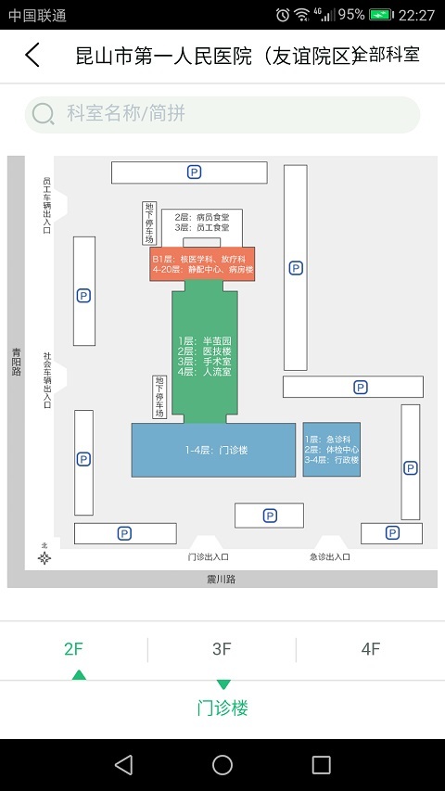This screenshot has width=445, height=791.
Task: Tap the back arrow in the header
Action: click(32, 56)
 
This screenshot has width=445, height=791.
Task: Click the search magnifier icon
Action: click(44, 114)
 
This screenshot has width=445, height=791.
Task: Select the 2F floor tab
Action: click(74, 649)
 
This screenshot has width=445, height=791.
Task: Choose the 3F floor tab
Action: click(222, 649)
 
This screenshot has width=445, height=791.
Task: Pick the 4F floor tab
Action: click(371, 649)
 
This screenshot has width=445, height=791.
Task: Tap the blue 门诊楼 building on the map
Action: click(213, 450)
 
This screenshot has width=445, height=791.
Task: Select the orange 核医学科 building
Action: click(202, 263)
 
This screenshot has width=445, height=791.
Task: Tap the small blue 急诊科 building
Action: click(331, 449)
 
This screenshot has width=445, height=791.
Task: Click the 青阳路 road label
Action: click(16, 362)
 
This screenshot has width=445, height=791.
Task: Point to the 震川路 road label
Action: click(222, 579)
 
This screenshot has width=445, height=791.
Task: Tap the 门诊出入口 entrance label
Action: click(208, 557)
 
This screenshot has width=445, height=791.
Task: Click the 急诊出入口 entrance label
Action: click(329, 557)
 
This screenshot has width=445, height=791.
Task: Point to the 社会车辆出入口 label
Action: click(47, 379)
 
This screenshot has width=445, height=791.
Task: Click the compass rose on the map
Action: click(44, 556)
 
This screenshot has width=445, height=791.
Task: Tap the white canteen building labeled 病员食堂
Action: click(195, 223)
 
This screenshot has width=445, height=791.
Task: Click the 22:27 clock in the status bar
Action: click(416, 15)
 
